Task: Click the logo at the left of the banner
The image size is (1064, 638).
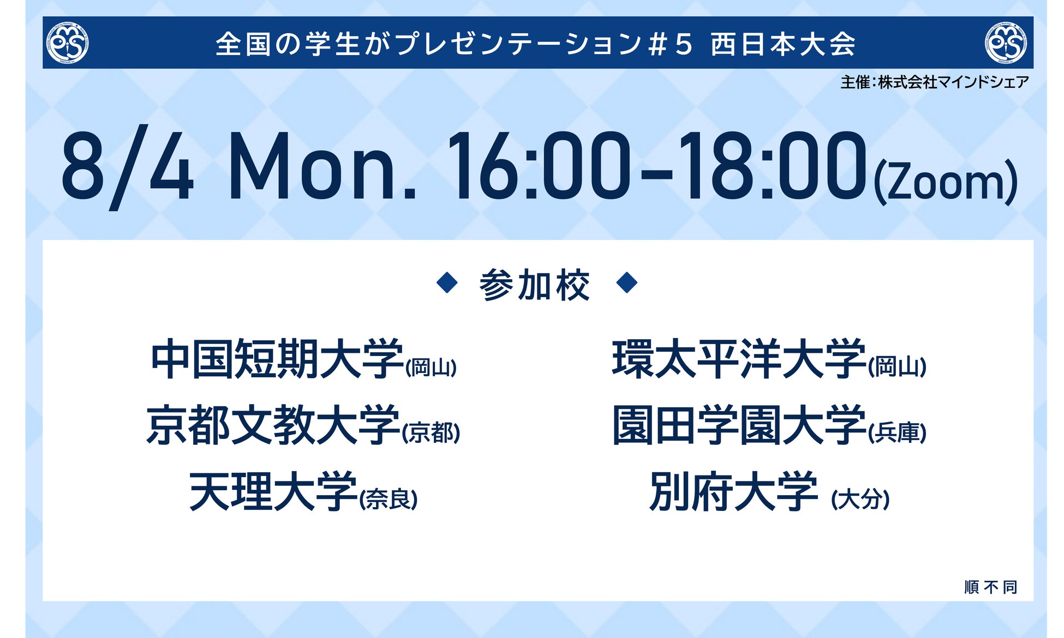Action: click(x=68, y=43)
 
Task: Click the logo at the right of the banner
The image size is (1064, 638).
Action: click(x=1006, y=43)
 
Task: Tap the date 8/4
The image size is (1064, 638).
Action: click(x=127, y=166)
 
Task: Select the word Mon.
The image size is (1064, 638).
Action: click(x=322, y=166)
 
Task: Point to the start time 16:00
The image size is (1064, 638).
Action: click(x=539, y=166)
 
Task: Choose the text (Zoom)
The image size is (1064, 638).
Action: click(x=946, y=182)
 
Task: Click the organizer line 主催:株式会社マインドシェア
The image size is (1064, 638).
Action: click(x=934, y=82)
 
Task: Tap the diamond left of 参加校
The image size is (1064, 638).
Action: click(x=447, y=282)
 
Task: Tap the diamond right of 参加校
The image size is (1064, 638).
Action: click(x=626, y=282)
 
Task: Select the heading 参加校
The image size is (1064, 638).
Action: click(x=535, y=285)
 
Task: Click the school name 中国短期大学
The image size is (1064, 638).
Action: click(x=277, y=359)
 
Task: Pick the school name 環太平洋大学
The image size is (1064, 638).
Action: click(x=739, y=359)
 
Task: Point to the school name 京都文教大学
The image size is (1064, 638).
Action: click(x=273, y=425)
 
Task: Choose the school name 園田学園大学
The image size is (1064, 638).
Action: click(x=739, y=425)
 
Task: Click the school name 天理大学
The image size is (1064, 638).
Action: click(x=273, y=491)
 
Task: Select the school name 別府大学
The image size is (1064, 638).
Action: click(x=734, y=491)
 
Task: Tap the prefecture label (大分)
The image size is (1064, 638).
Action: click(x=860, y=499)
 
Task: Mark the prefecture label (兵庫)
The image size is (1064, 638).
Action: click(x=897, y=433)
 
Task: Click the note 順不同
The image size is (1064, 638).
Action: click(x=991, y=587)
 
